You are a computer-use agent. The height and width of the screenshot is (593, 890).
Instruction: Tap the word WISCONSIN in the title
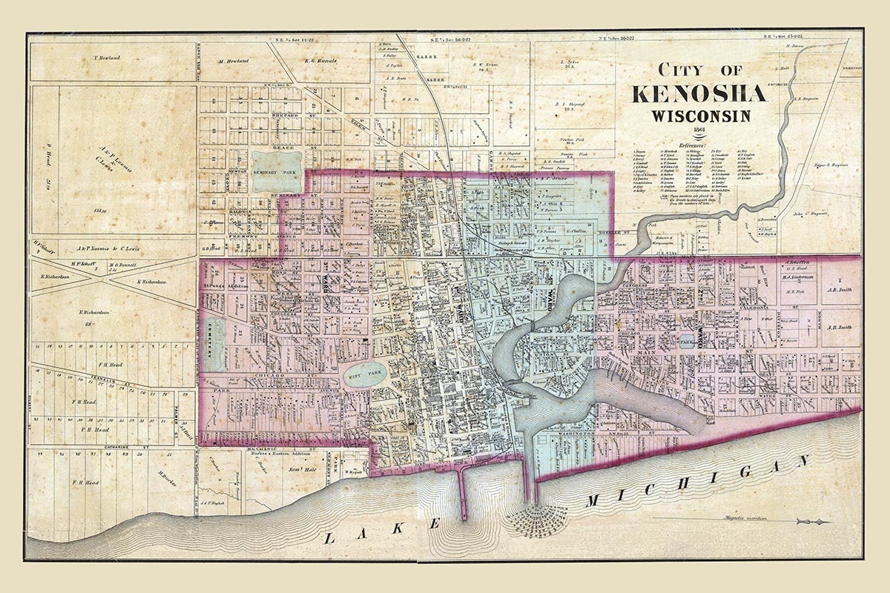[701, 116]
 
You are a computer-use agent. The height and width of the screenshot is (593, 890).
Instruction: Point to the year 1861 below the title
[700, 130]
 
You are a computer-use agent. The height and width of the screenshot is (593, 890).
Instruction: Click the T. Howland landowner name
[106, 58]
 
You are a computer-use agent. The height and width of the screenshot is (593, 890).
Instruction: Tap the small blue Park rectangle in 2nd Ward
[685, 342]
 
